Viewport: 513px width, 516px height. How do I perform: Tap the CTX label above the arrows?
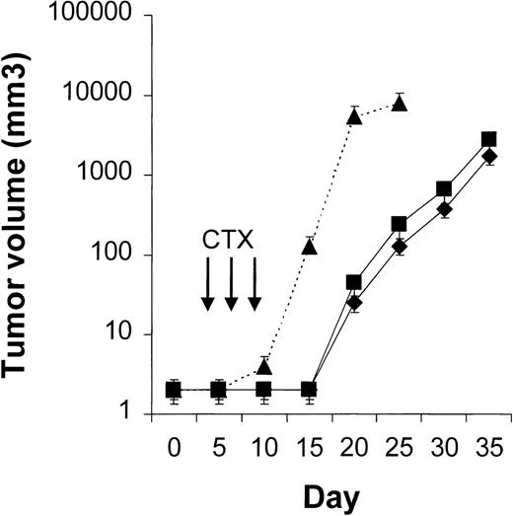click(230, 241)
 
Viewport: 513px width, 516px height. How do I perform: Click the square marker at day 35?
click(489, 140)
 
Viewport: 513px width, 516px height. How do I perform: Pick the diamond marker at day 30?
click(444, 209)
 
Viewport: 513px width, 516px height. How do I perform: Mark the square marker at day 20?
click(354, 282)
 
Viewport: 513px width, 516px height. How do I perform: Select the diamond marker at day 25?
click(400, 247)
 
